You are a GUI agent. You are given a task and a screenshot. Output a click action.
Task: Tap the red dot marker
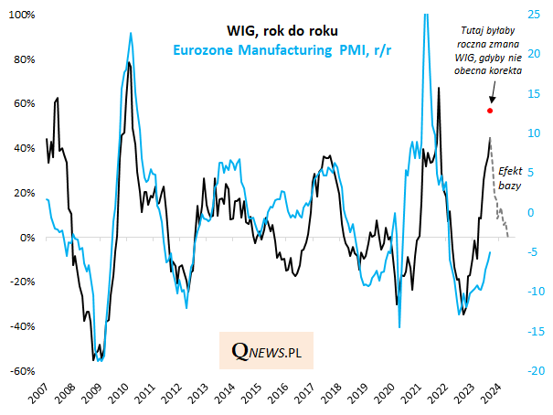point(491,111)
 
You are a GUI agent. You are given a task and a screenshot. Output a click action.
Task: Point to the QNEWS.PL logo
point(266,351)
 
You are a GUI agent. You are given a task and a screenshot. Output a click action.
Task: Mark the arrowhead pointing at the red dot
point(492,101)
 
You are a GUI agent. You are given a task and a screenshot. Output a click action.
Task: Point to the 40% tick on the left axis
point(23,148)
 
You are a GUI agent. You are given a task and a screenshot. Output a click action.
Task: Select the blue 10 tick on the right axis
point(531,133)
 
